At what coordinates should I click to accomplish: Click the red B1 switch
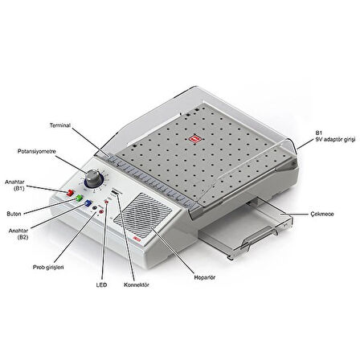pyautogui.click(x=70, y=193)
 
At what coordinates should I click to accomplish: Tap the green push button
pyautogui.click(x=79, y=198)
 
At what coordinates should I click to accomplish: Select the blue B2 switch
pyautogui.click(x=88, y=203)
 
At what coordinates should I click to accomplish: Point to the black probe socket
pyautogui.click(x=94, y=208)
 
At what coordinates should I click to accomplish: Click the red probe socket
pyautogui.click(x=101, y=212)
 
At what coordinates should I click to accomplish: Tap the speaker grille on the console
pyautogui.click(x=143, y=216)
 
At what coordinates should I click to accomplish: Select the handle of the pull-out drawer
pyautogui.click(x=259, y=237)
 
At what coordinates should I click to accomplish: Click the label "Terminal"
pyautogui.click(x=60, y=125)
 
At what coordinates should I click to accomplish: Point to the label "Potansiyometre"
pyautogui.click(x=37, y=151)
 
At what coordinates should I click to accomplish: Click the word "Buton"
pyautogui.click(x=14, y=214)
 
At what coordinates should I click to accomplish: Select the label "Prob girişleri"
pyautogui.click(x=48, y=268)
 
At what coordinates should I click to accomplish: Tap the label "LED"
pyautogui.click(x=101, y=284)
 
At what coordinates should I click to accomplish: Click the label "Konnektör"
pyautogui.click(x=137, y=284)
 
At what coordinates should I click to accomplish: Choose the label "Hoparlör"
pyautogui.click(x=204, y=277)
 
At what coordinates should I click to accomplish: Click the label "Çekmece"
pyautogui.click(x=322, y=214)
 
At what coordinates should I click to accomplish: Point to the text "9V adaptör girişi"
pyautogui.click(x=335, y=140)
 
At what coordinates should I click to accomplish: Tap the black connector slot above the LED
pyautogui.click(x=115, y=193)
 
